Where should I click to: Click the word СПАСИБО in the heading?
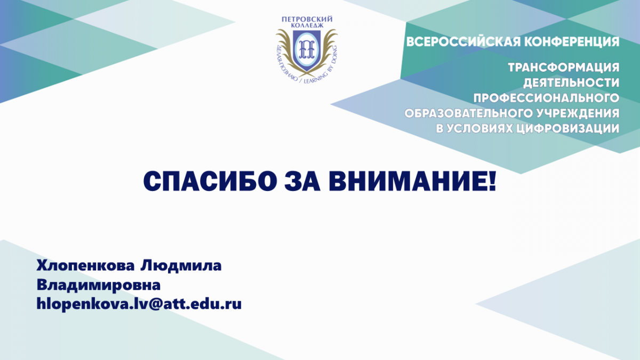[x=210, y=181]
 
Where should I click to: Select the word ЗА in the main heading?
[x=302, y=181]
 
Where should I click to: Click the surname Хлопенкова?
[x=85, y=266]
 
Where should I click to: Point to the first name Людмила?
[x=181, y=266]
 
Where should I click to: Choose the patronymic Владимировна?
[x=99, y=285]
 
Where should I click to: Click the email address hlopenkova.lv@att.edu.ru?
[x=139, y=305]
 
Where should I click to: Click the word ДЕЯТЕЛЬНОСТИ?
[x=571, y=83]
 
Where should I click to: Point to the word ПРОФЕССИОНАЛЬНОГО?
[x=546, y=98]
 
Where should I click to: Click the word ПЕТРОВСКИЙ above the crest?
[x=307, y=19]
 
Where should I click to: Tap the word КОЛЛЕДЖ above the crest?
[x=307, y=26]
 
